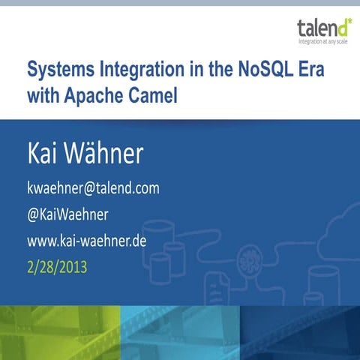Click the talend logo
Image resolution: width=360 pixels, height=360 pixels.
(x=322, y=30)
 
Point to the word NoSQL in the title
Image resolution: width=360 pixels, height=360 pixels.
(x=247, y=71)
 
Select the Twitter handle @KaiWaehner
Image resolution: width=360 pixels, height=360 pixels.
(x=67, y=214)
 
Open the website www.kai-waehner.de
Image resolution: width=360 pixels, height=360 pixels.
(x=85, y=241)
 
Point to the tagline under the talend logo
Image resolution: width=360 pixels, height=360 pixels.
(x=323, y=42)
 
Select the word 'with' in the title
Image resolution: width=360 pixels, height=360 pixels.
(x=43, y=96)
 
